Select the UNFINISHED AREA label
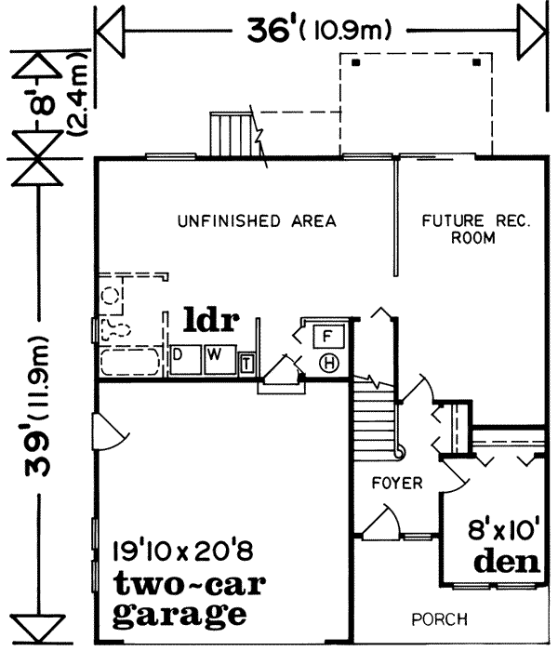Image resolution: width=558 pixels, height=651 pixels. [257, 221]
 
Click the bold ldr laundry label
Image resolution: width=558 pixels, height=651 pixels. [212, 322]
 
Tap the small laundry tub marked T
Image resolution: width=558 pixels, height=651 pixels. [246, 363]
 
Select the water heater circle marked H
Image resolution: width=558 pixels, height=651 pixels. [328, 363]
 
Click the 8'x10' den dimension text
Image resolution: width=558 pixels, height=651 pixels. [505, 531]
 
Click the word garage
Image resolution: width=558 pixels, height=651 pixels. [179, 615]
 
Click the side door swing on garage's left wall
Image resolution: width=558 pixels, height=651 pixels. [107, 430]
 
